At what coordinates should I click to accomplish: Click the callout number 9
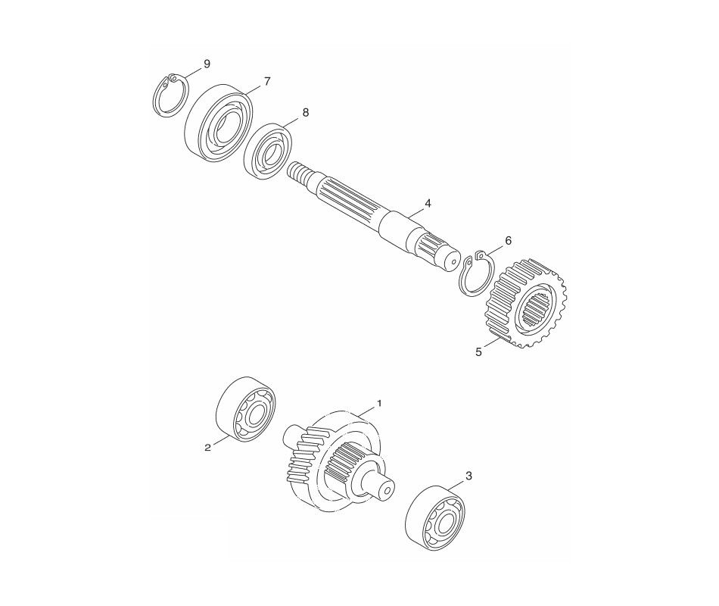pos(207,64)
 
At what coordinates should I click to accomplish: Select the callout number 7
pos(266,80)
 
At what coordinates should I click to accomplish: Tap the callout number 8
pos(305,112)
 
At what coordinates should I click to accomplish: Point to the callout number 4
pos(428,203)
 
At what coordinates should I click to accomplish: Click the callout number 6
pos(508,240)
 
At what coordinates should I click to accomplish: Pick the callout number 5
pos(478,351)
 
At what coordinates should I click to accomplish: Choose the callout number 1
pos(379,404)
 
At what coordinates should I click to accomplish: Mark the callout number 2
pos(207,448)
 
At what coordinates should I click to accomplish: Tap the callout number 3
pos(468,476)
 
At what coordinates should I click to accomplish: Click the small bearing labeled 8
pos(269,151)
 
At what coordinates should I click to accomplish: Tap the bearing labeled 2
pos(245,409)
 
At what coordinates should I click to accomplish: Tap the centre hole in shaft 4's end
pos(452,259)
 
